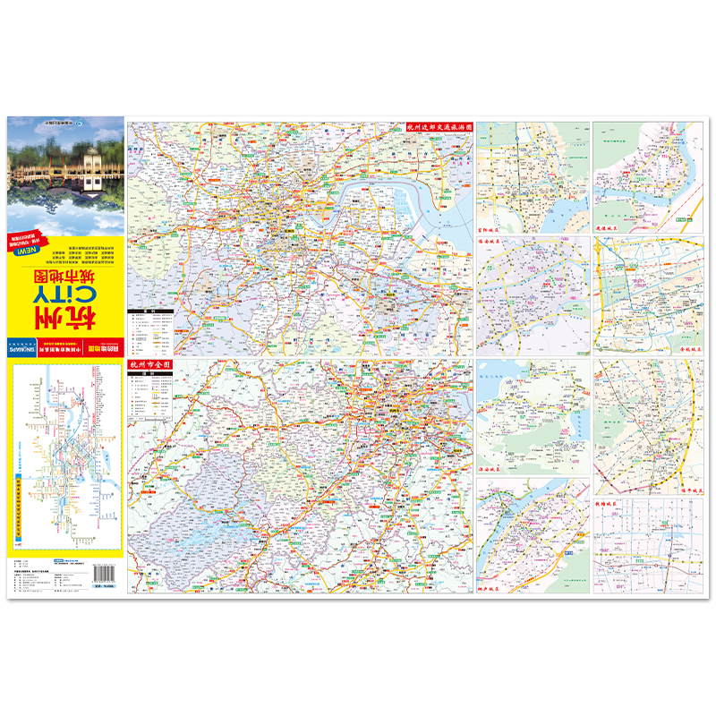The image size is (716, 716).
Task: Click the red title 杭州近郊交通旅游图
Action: pos(438,128)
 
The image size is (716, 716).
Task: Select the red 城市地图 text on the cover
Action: pos(65,260)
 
